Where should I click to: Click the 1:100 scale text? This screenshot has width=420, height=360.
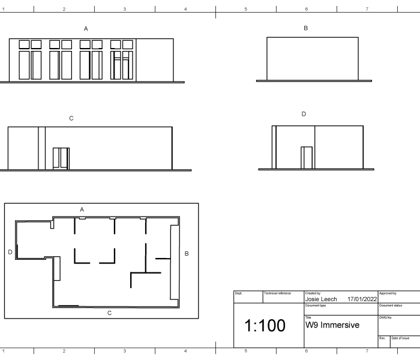coord(265,325)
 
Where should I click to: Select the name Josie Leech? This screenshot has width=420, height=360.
coord(321,299)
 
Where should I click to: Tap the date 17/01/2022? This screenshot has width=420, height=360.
coord(362,299)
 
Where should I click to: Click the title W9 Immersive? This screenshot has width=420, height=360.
coord(332,325)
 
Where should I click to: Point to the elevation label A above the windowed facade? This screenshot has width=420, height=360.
coord(86,29)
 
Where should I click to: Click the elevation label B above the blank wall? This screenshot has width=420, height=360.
coord(305,28)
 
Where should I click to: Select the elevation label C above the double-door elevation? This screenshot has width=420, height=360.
coord(71,118)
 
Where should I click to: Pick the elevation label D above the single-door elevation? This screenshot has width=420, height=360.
coord(304,114)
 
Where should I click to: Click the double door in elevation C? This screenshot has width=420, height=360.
coord(61,158)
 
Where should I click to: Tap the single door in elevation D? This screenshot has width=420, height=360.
coord(307,157)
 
